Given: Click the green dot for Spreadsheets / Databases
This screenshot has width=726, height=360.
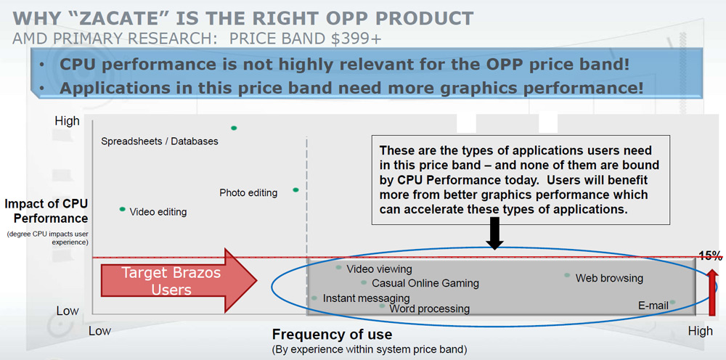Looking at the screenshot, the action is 234,128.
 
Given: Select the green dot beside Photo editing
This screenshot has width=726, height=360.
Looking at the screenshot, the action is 296,189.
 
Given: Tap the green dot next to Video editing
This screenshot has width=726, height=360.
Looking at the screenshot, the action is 122,209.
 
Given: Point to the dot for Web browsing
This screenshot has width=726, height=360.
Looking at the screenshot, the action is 567,275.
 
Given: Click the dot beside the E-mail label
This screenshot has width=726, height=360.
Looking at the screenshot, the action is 672,302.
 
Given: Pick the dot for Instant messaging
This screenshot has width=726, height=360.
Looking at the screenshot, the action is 314,298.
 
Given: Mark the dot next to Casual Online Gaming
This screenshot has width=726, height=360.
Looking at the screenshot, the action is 364,282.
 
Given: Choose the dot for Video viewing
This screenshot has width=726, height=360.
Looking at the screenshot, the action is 338,267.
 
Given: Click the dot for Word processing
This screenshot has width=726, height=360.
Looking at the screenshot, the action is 382,306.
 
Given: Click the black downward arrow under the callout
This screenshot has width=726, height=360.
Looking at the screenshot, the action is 494,233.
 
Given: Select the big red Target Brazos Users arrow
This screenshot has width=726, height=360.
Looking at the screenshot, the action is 179,280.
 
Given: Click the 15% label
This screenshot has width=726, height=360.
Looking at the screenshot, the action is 710,256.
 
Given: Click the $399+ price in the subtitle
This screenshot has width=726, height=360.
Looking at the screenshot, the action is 356,39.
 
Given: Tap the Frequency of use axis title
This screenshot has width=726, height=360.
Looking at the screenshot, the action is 332,335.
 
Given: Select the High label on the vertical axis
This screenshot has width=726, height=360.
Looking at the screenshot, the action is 67,121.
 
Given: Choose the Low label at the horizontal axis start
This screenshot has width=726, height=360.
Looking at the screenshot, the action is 99,331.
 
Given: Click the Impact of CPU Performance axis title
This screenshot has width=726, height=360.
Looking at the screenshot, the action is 46,211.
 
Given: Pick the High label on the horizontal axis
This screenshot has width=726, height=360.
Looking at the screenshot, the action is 700,331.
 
